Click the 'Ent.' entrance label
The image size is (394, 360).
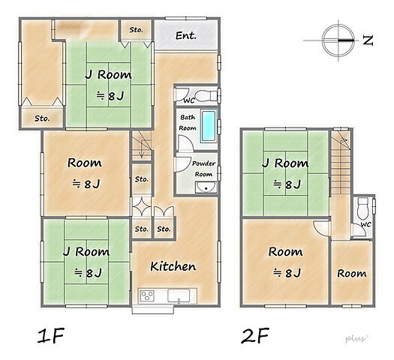185,35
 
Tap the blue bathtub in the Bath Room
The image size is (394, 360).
209,126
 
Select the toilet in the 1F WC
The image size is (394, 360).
206,95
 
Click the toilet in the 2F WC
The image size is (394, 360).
362,208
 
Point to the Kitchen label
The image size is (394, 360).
173,266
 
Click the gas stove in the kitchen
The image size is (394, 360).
147,295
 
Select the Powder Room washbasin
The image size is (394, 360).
206,187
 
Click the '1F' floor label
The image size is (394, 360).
51,335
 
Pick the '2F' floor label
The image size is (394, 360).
255,335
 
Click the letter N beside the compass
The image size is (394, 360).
368,40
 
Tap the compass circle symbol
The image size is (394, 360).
338,40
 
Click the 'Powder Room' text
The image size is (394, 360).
203,169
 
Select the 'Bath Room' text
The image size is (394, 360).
188,122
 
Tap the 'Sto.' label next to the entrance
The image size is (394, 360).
136,30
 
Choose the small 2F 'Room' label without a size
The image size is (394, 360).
352,274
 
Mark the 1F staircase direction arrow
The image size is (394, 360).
142,149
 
